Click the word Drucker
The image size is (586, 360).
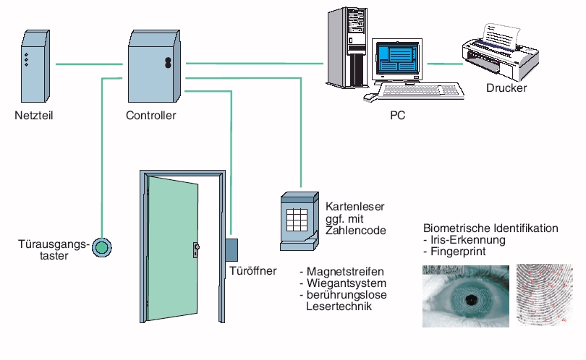pyautogui.click(x=506, y=89)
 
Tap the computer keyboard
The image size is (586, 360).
pyautogui.click(x=422, y=91)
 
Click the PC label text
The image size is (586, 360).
pyautogui.click(x=396, y=116)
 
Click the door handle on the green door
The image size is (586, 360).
pyautogui.click(x=195, y=249)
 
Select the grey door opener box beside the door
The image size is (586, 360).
pyautogui.click(x=232, y=250)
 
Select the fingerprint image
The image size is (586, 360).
pyautogui.click(x=544, y=296)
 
